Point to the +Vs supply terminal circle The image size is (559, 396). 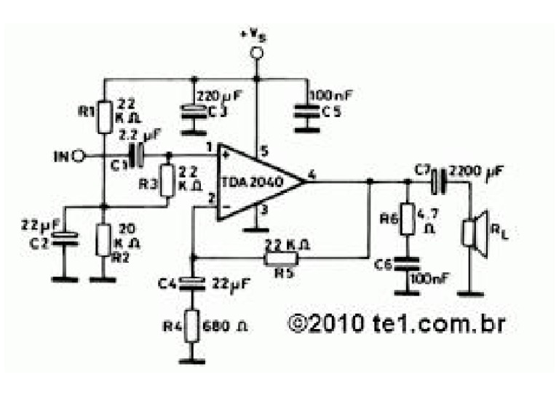point(256,52)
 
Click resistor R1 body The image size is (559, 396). point(104,116)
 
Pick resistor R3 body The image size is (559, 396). point(167,180)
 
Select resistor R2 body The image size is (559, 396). point(104,239)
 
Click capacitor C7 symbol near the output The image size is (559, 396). point(437,181)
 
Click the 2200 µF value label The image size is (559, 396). point(477,171)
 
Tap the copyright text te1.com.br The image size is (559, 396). point(397,321)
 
